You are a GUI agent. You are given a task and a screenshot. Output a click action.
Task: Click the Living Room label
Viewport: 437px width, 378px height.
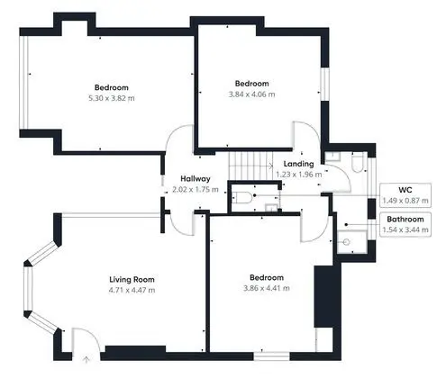(x=132, y=280)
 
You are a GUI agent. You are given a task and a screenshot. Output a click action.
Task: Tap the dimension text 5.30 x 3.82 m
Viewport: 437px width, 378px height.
(x=112, y=98)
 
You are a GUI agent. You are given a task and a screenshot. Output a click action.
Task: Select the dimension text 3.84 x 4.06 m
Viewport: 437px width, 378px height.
(x=251, y=94)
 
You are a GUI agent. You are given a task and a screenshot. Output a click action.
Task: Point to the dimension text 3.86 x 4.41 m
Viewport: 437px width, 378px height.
(x=267, y=288)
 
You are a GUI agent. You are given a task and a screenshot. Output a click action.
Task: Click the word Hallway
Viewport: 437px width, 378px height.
(x=196, y=179)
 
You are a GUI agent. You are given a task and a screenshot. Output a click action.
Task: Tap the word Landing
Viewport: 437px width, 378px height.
(x=298, y=164)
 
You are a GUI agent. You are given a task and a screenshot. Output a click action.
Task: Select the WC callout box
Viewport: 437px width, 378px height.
(x=405, y=195)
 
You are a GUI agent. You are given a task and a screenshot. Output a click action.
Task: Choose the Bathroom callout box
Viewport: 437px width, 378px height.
(x=405, y=224)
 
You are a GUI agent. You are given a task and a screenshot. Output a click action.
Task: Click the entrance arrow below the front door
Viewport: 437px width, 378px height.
(x=86, y=359)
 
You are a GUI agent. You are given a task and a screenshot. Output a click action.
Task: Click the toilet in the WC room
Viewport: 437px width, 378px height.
(x=241, y=197)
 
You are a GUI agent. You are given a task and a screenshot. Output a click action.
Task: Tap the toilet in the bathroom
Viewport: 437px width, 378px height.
(x=358, y=162)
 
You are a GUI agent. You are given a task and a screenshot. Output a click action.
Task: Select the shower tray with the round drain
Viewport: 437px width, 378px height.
(x=351, y=241)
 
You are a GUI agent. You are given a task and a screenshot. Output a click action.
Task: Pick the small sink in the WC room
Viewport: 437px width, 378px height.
(x=272, y=208)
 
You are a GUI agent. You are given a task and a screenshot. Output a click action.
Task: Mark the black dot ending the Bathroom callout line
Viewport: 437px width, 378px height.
(x=346, y=224)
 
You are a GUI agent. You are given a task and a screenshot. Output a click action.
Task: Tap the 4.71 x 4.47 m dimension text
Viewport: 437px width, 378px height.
(x=132, y=290)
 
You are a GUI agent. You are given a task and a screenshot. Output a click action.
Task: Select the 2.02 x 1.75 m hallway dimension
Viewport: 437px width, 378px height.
(x=196, y=190)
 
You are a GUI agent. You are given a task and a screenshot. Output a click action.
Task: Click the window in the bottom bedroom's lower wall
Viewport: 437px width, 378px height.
(x=271, y=356)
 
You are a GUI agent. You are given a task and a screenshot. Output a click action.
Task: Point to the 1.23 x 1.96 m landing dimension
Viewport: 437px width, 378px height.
(x=299, y=175)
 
